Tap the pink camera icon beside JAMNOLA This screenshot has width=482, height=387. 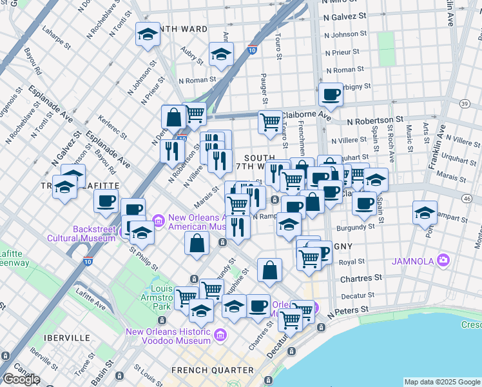pyautogui.click(x=443, y=261)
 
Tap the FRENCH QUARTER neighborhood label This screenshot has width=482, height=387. pyautogui.click(x=212, y=370)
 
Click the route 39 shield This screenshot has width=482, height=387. pyautogui.click(x=465, y=103)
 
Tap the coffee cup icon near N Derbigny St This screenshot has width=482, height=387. pyautogui.click(x=331, y=95)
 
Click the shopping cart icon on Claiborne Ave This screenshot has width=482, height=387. pyautogui.click(x=270, y=121)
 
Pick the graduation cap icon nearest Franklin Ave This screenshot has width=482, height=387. pyautogui.click(x=425, y=213)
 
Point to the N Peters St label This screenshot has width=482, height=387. pyautogui.click(x=347, y=310)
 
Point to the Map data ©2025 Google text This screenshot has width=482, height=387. pyautogui.click(x=442, y=382)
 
